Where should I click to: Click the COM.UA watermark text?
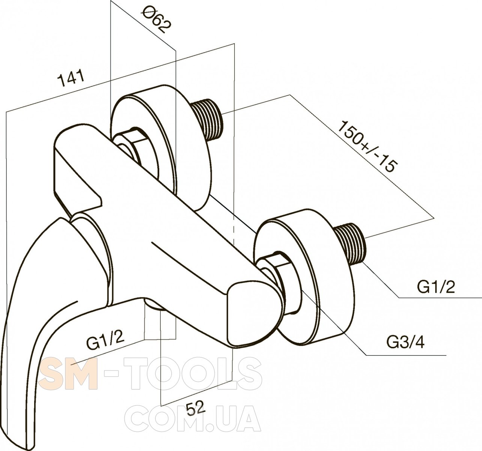pos(193,421)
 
